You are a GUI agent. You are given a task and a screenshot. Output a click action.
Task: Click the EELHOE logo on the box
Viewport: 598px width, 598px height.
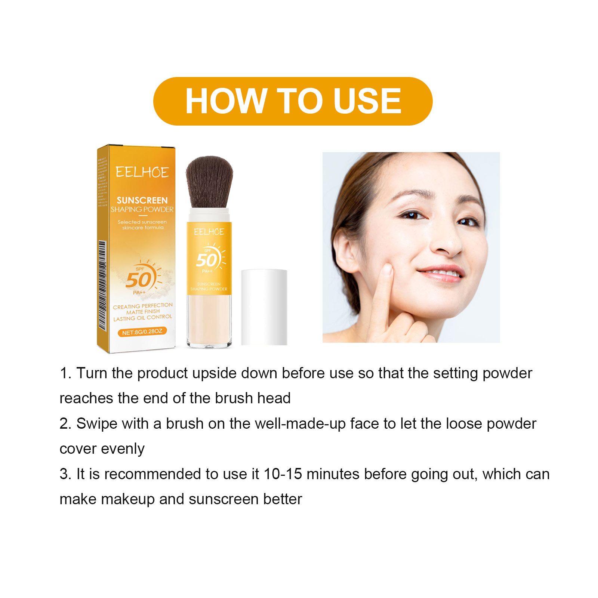coord(142,172)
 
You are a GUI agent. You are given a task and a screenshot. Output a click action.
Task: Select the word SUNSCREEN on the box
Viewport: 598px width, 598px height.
coord(142,200)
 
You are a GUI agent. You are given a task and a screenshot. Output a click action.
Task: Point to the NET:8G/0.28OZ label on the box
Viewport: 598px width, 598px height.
coord(142,332)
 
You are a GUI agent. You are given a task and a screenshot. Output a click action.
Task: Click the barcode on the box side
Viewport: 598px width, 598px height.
coord(102,286)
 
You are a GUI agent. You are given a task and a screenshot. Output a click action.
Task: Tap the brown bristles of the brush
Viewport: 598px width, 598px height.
coord(209,181)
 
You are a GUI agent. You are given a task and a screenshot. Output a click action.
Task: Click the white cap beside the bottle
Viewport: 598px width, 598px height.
coord(264,306)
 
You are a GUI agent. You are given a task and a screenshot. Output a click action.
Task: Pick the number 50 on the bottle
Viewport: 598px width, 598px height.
coord(206,260)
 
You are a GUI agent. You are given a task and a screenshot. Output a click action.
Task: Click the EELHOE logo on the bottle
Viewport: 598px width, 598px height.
coord(209,232)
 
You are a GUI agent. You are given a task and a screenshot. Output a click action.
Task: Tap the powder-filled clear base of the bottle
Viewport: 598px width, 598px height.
coord(209,320)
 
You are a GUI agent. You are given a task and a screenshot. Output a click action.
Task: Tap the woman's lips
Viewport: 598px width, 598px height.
coord(441,274)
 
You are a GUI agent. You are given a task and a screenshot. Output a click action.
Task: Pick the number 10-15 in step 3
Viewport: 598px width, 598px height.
coord(283,474)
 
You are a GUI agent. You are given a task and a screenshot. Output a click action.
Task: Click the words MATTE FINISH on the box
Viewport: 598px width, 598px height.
coord(143,312)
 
